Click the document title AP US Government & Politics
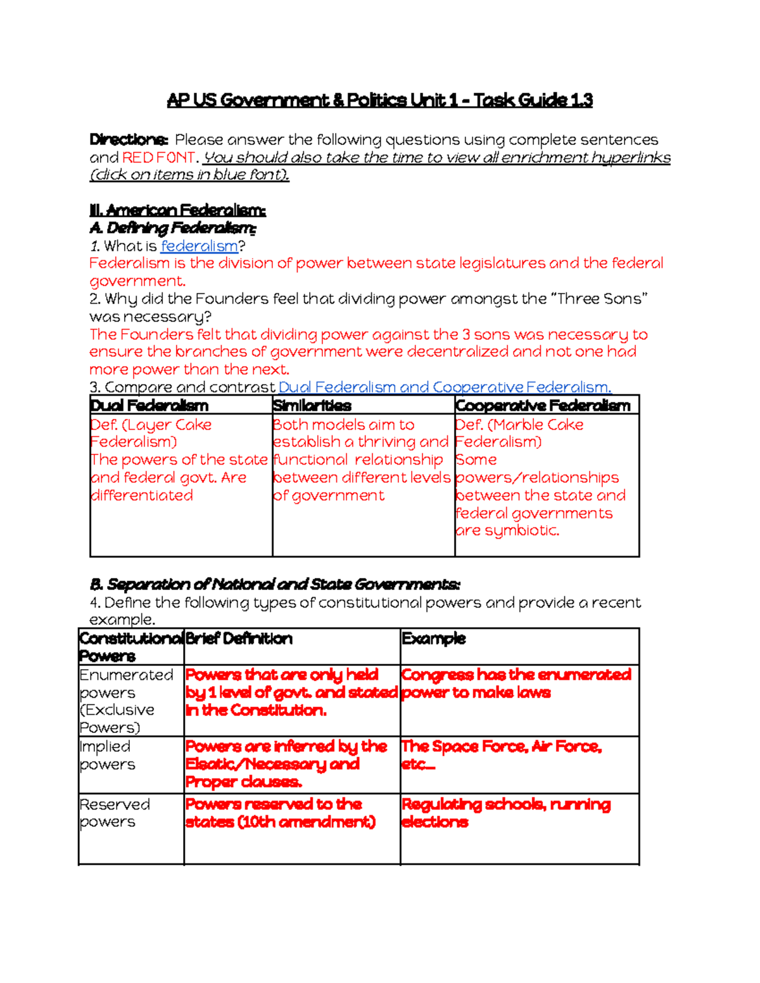coord(379,100)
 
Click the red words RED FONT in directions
coord(160,158)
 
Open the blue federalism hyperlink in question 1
coord(199,246)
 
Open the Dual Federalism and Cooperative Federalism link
coord(444,387)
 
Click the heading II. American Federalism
coord(177,210)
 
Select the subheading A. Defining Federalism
coord(173,228)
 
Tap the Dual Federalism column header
coord(149,406)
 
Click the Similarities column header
coord(312,406)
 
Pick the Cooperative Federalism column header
coord(543,406)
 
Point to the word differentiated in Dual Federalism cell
coord(142,496)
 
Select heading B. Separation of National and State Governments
coord(275,584)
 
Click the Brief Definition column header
coord(239,639)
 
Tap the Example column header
coord(434,639)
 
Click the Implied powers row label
coord(106,756)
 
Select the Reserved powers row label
coord(114,813)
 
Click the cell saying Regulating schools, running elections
coord(505,813)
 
